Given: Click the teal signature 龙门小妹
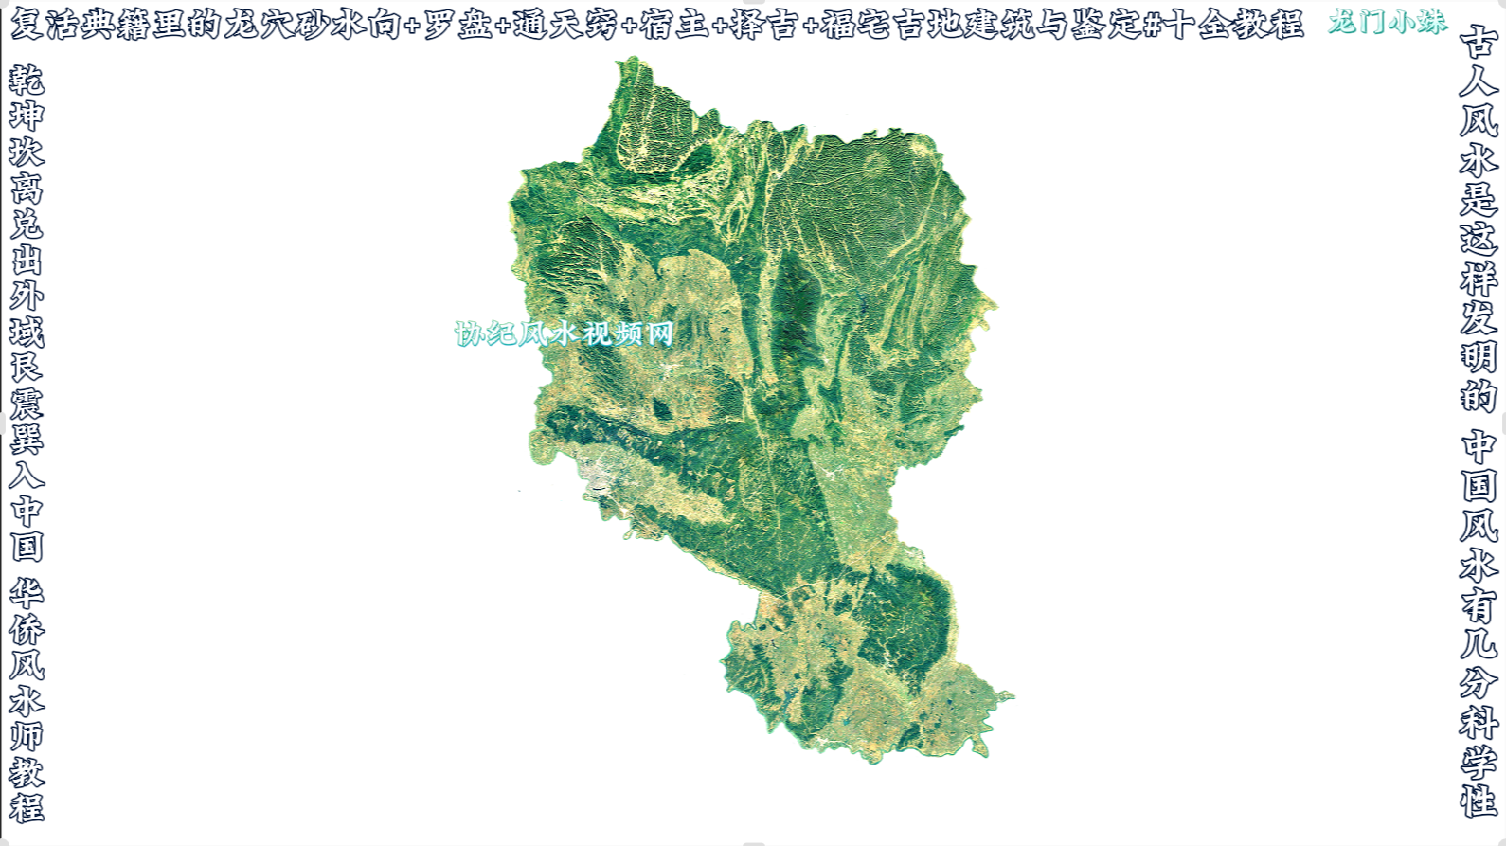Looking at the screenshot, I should coord(1388,22).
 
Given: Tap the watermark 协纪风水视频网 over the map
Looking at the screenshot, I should coord(564,333).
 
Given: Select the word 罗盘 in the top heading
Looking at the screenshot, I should coord(457,25).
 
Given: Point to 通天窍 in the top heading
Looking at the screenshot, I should coord(565,25).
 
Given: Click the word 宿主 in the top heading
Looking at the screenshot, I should coord(674,25).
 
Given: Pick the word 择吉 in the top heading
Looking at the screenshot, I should coord(765,25).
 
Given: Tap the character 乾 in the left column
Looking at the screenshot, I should coord(27,81).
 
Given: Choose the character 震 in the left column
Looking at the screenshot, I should coord(27,403).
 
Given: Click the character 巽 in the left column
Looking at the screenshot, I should coord(27,439).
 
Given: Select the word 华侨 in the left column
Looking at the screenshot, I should coord(27,611).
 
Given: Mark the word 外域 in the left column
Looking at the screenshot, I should coord(27,314).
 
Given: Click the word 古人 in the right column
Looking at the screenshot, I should coord(1479,62).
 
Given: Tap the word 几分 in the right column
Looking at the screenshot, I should coord(1479,663).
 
